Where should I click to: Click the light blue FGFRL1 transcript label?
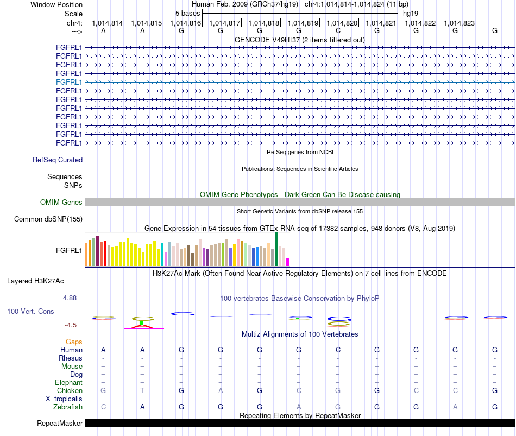tap(69, 83)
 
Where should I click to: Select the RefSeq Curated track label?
tap(58, 160)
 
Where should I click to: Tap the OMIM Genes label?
tap(61, 203)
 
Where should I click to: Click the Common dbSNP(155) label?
tap(48, 219)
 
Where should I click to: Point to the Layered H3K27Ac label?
tap(35, 281)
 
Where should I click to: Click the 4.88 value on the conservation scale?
tap(70, 298)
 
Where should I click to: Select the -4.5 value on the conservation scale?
tap(71, 325)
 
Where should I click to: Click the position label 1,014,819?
tap(303, 23)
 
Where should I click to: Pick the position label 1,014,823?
tap(460, 23)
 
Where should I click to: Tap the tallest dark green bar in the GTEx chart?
tap(276, 249)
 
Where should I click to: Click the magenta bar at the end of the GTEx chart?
tap(288, 262)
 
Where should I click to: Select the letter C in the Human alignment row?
tap(338, 350)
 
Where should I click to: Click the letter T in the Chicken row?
tap(142, 390)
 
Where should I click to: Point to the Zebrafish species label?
tap(68, 407)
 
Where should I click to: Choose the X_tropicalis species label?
tap(64, 399)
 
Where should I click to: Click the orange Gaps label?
tap(74, 342)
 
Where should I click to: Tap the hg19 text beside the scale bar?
tap(411, 14)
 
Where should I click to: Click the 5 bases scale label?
tap(187, 14)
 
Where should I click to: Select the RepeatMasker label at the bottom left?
tap(60, 423)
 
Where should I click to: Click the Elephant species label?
tap(69, 382)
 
